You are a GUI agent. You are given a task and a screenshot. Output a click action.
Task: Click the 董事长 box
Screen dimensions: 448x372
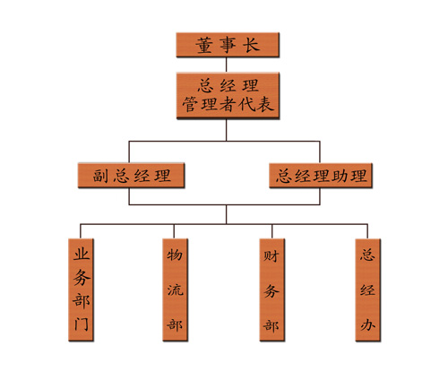coord(228,45)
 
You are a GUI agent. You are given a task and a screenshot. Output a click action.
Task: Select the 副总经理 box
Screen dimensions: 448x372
coord(131,175)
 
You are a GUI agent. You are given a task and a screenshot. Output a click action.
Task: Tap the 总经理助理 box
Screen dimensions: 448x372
coord(321,176)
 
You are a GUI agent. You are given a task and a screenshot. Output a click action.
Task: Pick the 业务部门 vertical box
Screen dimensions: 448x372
coord(81,290)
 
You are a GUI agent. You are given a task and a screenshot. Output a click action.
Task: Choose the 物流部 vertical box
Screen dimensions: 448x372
coord(175,290)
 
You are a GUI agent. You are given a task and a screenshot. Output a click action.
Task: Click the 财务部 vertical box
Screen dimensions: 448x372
coord(271,290)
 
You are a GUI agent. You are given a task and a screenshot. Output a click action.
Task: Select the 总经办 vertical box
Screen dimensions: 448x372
coord(367,290)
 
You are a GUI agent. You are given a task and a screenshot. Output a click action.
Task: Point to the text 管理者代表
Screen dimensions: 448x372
coord(228,104)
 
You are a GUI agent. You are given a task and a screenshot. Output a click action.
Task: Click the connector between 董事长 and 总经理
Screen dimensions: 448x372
coord(226,65)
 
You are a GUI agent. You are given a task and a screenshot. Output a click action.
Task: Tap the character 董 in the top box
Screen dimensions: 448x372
coord(204,45)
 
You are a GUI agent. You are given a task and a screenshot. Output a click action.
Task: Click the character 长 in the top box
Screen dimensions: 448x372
coord(251,45)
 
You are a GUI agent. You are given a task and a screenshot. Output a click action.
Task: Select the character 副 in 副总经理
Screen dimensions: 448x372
coord(100,176)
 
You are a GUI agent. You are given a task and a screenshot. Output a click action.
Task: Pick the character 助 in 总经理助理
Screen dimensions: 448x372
coord(340,176)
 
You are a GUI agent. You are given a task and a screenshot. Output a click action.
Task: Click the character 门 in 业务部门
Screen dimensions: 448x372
coord(82,324)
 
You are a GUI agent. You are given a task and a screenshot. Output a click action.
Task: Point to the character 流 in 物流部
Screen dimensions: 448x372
coord(175,290)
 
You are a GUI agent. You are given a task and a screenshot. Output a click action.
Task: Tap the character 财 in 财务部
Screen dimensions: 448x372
coord(271,255)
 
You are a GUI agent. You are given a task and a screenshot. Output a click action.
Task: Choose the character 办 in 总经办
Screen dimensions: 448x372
coord(367,324)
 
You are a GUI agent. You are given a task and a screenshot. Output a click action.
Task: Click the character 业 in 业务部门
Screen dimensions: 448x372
coord(82,255)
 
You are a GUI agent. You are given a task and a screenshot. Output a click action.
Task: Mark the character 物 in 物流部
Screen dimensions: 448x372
coord(175,255)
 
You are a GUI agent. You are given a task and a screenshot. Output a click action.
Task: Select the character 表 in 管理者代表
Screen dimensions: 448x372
coord(265,104)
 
